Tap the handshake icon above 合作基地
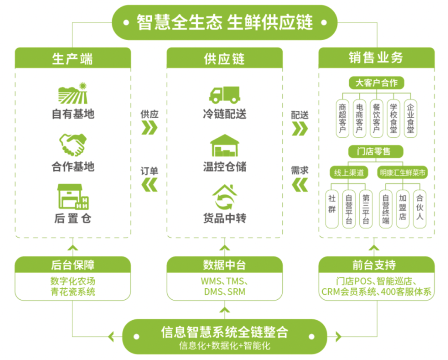tap(73, 144)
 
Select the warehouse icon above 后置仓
tap(73, 197)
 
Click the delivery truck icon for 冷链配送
tap(224, 95)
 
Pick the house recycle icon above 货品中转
tap(224, 197)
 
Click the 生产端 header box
tap(73, 59)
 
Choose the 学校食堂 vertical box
tap(393, 118)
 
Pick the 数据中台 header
tap(224, 264)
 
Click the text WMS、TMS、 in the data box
tap(224, 281)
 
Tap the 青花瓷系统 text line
tap(73, 292)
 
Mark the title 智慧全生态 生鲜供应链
tap(224, 22)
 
